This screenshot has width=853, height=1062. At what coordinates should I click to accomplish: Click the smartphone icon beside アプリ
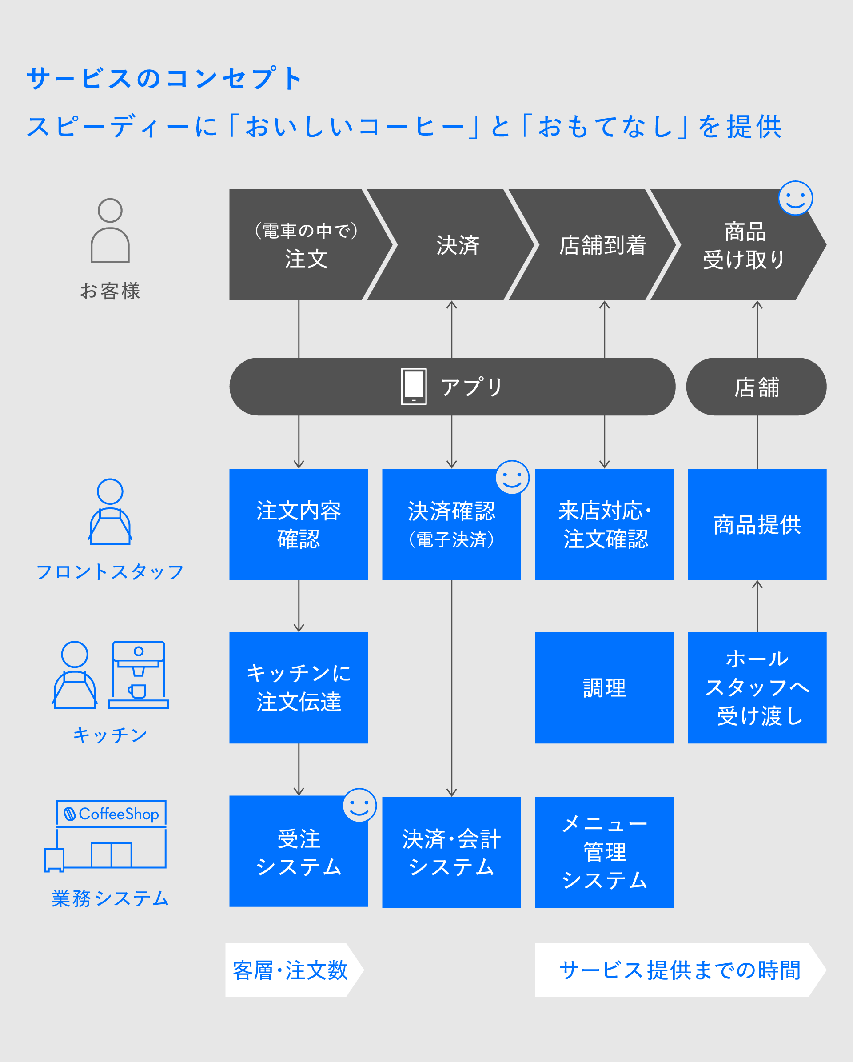414,387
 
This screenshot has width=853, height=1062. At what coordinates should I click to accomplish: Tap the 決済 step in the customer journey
457,245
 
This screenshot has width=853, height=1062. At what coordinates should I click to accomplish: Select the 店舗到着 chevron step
602,245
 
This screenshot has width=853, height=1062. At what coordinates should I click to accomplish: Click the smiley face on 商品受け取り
795,198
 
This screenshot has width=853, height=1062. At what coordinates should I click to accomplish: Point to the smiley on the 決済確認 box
512,477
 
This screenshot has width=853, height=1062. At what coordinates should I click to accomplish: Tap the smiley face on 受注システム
359,805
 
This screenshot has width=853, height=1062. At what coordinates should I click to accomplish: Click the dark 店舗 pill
756,387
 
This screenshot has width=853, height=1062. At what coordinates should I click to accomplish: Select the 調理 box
604,688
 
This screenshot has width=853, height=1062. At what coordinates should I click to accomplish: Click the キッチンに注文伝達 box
299,688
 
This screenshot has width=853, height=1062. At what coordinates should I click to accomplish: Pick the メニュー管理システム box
604,852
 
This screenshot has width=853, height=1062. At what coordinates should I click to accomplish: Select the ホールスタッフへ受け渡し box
757,688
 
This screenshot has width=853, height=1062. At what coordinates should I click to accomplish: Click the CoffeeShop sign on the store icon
112,813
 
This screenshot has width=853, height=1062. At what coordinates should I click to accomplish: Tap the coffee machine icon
139,675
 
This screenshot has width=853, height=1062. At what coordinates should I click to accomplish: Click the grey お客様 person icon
110,231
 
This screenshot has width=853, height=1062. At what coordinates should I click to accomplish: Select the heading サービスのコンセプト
164,78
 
